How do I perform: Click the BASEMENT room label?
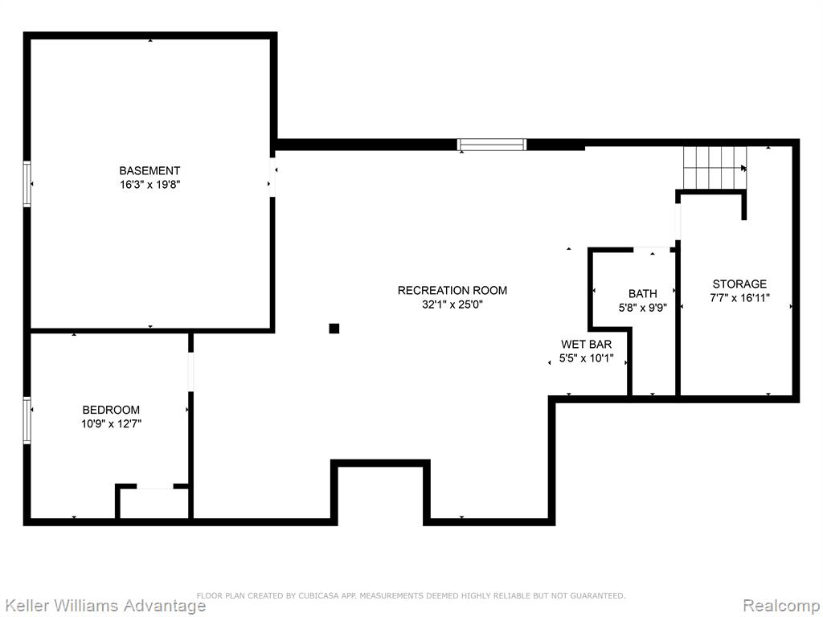tap(149, 170)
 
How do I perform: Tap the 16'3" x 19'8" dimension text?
tap(150, 185)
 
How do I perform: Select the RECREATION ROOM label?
tap(452, 290)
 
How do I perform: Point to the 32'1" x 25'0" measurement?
tap(452, 304)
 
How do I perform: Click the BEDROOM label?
tap(111, 410)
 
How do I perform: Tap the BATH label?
tap(643, 294)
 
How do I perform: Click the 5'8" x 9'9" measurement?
tap(643, 308)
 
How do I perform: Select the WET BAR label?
tap(586, 345)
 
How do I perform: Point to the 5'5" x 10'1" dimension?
tap(586, 359)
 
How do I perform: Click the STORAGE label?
tap(739, 284)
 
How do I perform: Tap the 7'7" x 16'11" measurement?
tap(739, 298)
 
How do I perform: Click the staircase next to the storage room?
tap(714, 167)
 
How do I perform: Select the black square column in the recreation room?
tap(334, 329)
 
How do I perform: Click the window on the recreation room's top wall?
tap(492, 145)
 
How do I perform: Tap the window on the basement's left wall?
tap(27, 184)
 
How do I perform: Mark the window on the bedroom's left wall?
tap(27, 420)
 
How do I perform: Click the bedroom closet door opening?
tap(155, 487)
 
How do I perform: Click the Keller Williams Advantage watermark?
tap(104, 605)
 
